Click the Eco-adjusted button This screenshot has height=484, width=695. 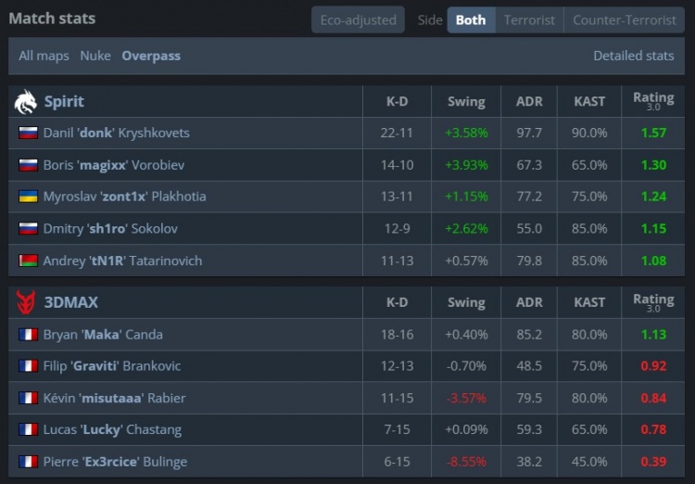[x=358, y=19]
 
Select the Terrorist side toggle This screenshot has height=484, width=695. [x=529, y=19]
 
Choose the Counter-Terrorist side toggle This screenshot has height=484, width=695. [x=625, y=19]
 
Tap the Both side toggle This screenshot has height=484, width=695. [x=471, y=19]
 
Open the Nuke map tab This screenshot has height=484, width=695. [x=95, y=56]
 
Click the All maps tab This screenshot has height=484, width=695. [x=44, y=56]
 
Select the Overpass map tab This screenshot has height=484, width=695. [x=151, y=56]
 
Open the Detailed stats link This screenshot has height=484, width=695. [x=634, y=56]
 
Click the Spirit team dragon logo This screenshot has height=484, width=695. [x=26, y=101]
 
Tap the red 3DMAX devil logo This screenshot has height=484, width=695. [x=26, y=302]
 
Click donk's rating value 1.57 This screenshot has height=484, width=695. [x=653, y=133]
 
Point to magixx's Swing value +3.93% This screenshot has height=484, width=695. [x=466, y=165]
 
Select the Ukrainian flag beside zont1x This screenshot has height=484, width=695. [x=28, y=197]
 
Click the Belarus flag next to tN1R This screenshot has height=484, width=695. [x=28, y=261]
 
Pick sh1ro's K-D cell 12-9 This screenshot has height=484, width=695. [x=397, y=229]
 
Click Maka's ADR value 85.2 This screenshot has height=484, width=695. [x=529, y=335]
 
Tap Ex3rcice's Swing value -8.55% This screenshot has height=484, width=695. [x=466, y=462]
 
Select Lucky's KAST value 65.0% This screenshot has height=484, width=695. [x=589, y=430]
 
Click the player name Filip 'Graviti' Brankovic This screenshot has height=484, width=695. [x=112, y=366]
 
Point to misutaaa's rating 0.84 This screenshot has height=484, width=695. [x=653, y=399]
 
